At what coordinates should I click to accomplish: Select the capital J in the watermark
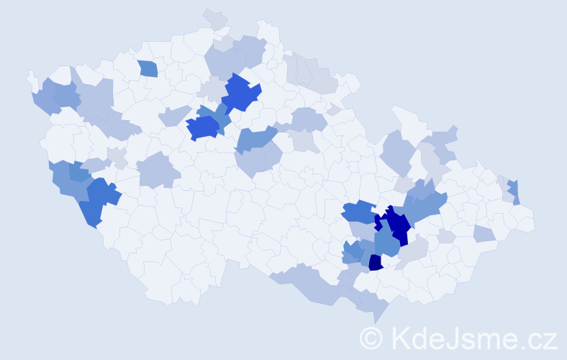click(455, 338)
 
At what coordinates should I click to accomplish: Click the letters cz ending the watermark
click(543, 339)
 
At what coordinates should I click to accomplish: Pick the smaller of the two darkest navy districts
click(375, 263)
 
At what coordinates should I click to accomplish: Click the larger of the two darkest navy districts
click(395, 225)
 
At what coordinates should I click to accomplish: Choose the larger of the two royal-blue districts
click(241, 92)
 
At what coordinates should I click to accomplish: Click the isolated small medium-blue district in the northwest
click(148, 68)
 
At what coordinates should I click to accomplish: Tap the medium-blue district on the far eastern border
click(513, 191)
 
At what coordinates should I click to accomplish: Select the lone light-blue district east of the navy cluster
click(484, 233)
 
